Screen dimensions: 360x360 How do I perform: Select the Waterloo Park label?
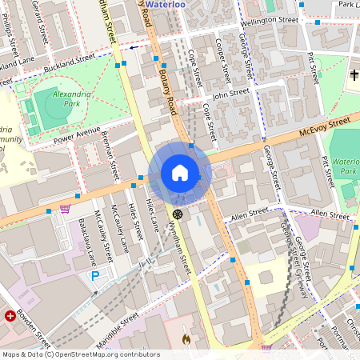tap(346, 163)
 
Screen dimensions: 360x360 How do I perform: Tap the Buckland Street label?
tap(70, 60)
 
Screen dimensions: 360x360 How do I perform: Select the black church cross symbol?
tap(354, 75)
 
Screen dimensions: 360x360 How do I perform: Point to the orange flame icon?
tap(186, 339)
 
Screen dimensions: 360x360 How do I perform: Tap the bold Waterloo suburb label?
tap(187, 4)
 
